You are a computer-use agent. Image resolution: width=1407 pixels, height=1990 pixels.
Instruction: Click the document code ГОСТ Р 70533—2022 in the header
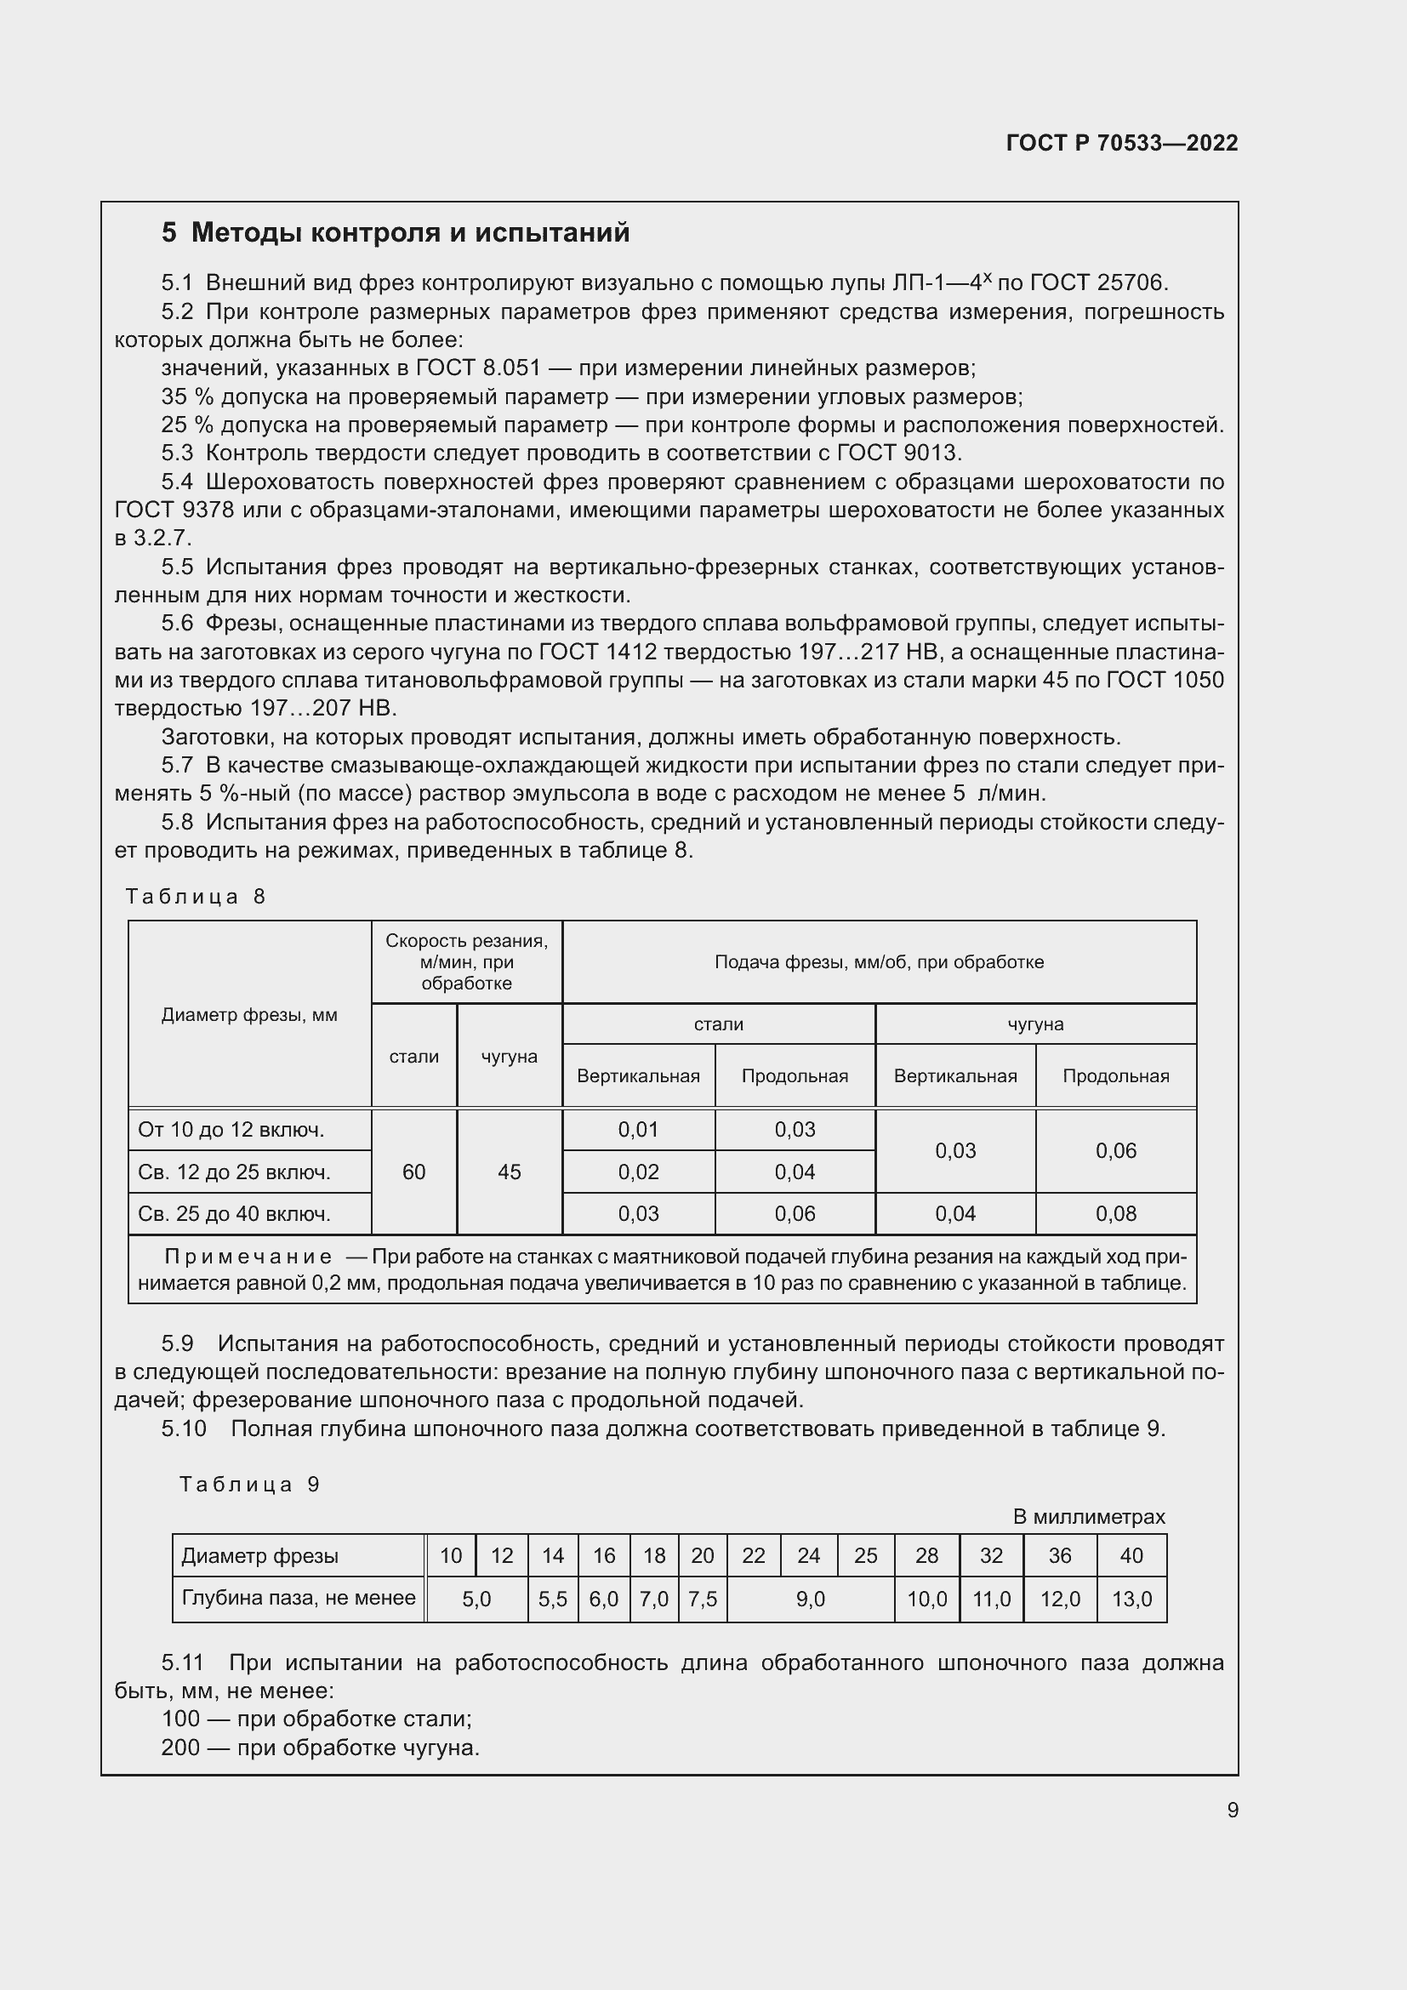pos(1121,143)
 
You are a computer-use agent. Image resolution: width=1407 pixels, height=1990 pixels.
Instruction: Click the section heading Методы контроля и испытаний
pos(395,232)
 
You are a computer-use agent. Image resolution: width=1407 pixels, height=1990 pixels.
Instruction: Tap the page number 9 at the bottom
pos(1232,1810)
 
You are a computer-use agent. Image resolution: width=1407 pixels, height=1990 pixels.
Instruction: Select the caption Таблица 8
pos(195,896)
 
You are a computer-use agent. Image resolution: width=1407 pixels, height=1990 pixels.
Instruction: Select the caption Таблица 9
pos(249,1484)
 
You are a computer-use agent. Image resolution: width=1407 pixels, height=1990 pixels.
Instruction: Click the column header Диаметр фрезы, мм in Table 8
pos(249,1014)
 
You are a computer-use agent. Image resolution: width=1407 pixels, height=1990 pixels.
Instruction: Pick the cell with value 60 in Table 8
pos(414,1172)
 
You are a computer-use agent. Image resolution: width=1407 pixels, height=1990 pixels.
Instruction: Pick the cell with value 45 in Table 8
pos(510,1172)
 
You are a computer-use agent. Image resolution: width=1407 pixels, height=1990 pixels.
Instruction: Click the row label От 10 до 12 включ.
pos(231,1129)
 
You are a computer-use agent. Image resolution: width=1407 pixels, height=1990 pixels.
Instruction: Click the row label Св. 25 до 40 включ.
pos(234,1213)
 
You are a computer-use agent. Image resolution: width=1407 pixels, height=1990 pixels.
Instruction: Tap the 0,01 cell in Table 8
pos(639,1129)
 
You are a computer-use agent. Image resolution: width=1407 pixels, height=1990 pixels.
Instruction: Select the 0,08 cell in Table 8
pos(1115,1213)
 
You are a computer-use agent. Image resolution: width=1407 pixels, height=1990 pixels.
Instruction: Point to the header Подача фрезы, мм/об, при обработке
pos(879,962)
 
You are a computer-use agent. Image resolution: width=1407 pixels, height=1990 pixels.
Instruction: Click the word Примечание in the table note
pos(248,1257)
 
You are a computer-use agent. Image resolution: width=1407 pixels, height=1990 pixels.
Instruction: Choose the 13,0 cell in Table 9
pos(1131,1599)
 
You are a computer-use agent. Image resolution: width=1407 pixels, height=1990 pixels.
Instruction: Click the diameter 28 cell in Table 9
pos(926,1556)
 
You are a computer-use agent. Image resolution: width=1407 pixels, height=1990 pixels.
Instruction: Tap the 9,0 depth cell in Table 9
pos(810,1599)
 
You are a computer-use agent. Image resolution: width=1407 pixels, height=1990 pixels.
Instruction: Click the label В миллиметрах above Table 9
pos(1089,1517)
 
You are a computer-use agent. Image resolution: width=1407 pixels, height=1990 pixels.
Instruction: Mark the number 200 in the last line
pos(180,1747)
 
